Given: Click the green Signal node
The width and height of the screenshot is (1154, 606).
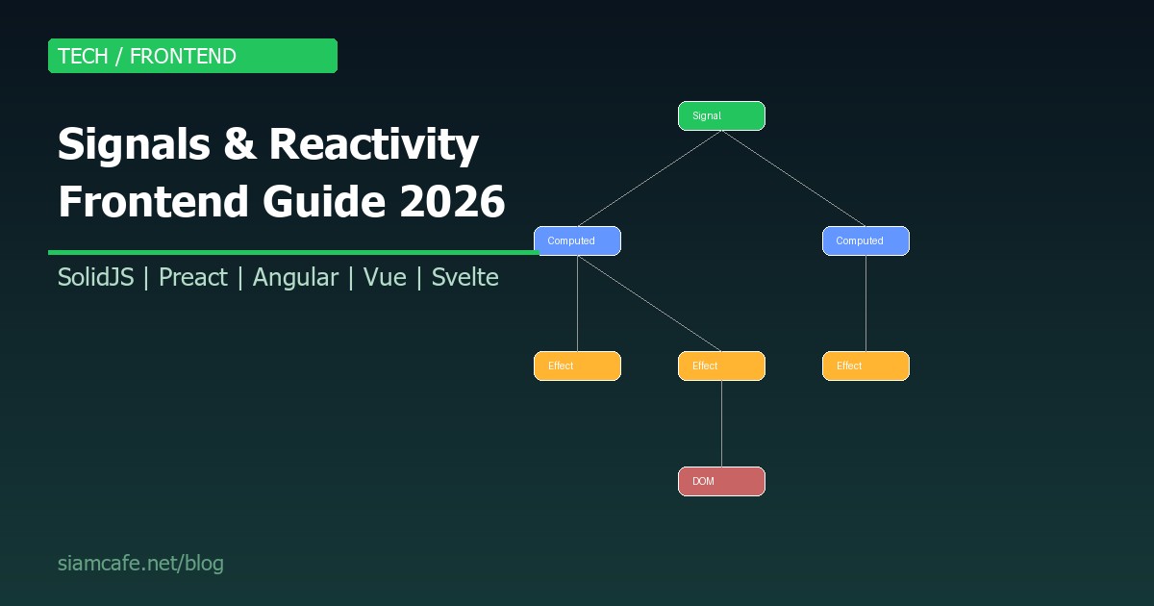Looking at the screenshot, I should [x=721, y=115].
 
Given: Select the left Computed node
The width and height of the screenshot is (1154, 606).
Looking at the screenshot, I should [x=577, y=240].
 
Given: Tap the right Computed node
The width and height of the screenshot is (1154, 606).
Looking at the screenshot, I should [x=865, y=240].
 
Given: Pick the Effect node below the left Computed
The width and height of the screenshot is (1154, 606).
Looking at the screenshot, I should [x=577, y=366].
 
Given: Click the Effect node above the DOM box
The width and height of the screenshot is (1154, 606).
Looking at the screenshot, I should [x=721, y=366].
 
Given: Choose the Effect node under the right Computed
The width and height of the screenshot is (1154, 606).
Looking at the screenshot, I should [x=865, y=366].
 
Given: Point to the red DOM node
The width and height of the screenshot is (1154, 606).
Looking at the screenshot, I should [x=721, y=481].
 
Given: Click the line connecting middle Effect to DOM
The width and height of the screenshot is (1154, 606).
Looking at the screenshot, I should [x=721, y=423].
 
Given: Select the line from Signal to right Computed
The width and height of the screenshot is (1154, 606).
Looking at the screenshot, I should [x=793, y=178].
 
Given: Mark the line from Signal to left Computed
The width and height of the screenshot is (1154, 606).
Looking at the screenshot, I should [x=649, y=178].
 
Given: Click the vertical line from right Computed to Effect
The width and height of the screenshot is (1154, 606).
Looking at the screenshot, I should [x=865, y=303].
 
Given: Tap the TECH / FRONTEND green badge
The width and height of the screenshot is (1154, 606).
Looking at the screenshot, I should [x=192, y=56].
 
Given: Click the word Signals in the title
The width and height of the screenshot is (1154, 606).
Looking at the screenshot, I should [x=134, y=145].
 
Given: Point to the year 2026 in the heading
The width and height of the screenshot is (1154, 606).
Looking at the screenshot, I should [x=452, y=202].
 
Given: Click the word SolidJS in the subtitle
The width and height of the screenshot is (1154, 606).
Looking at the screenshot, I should [x=95, y=278].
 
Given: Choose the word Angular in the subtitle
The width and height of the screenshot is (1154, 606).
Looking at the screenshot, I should [x=295, y=278].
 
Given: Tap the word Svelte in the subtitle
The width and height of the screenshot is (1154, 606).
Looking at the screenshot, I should [x=464, y=278].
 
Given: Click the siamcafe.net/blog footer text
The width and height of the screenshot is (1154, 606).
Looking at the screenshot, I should [x=140, y=564].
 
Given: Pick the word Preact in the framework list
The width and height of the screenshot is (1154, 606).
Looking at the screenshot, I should [x=192, y=278].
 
